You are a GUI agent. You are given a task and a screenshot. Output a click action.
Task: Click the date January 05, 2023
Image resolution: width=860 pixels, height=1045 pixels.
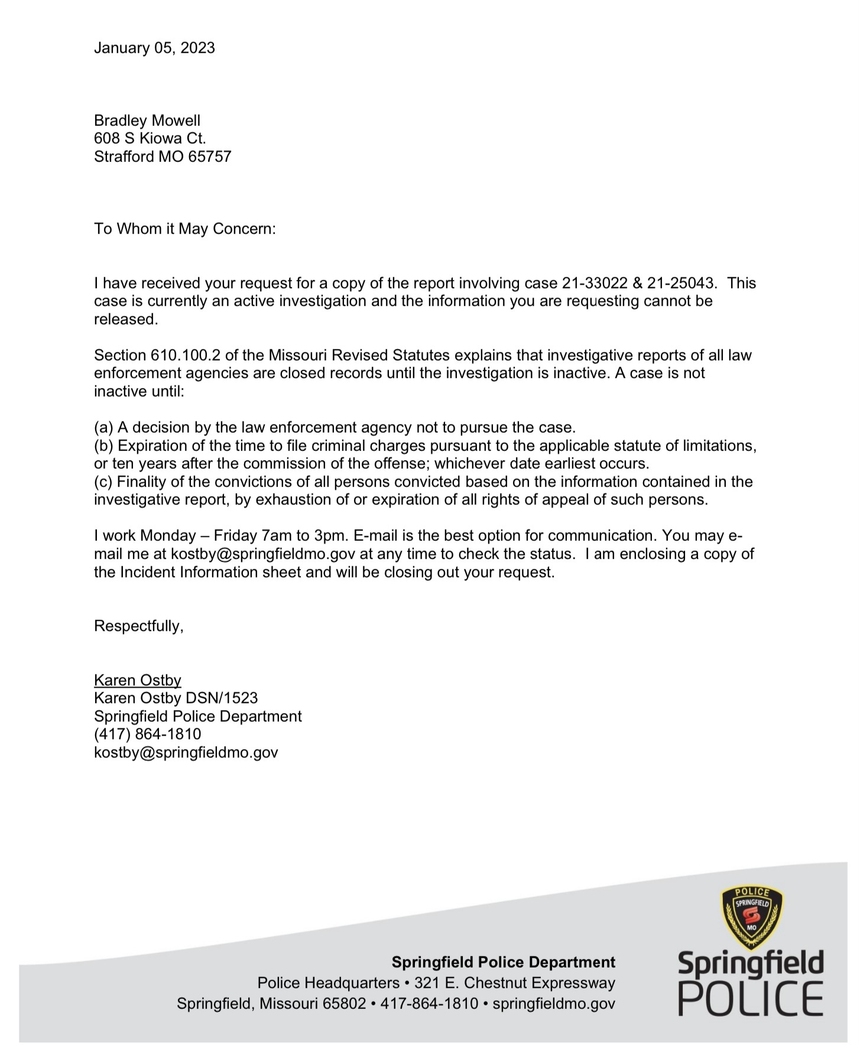tap(154, 48)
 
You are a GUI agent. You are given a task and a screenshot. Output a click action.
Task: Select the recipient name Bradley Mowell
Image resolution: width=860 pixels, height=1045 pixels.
tap(147, 121)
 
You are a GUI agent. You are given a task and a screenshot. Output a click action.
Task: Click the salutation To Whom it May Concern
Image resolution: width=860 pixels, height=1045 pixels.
tap(184, 229)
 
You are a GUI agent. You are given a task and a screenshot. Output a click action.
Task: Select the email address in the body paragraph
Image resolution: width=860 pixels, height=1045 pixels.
tap(263, 554)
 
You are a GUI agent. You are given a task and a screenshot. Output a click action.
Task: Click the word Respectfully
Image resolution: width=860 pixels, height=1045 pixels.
tap(138, 626)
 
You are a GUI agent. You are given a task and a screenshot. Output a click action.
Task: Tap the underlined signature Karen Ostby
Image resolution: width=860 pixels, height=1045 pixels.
tap(137, 680)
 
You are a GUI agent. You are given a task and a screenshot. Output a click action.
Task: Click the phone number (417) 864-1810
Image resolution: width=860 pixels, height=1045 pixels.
tap(147, 734)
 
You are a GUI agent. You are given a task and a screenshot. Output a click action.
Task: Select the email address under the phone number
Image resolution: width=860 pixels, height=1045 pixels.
tap(186, 752)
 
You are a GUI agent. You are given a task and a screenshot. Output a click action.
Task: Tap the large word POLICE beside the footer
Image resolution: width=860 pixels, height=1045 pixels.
tap(750, 999)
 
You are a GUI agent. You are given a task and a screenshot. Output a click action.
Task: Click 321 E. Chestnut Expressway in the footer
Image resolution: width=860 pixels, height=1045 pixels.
tap(514, 983)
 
